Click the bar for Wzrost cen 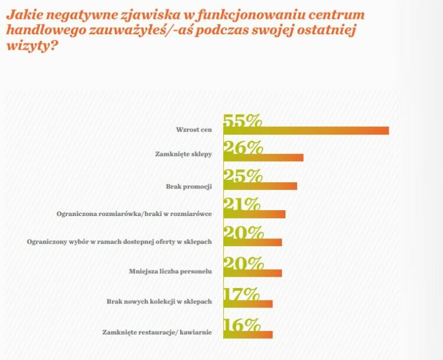306,130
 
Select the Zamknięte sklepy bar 263,158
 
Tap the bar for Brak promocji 260,186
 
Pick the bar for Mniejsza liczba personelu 252,273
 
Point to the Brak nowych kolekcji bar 247,303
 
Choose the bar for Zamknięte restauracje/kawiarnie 247,335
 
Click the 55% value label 242,120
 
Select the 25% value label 242,176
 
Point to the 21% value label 242,204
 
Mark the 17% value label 242,293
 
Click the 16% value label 242,325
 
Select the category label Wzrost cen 194,129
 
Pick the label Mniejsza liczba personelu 170,273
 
